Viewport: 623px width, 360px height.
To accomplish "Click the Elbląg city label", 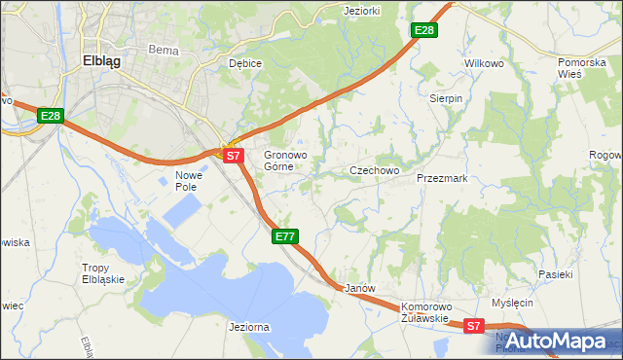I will click(x=101, y=59).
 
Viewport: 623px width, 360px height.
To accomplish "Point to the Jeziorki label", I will click(x=361, y=11).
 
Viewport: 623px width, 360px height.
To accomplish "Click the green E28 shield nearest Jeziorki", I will click(x=424, y=31).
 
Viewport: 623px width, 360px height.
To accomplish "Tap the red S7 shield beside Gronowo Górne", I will click(x=232, y=155).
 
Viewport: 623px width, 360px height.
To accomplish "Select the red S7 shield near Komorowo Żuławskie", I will click(x=473, y=327).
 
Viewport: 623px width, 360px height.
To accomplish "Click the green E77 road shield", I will click(x=284, y=236).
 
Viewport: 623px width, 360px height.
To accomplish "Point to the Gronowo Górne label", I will click(x=286, y=161).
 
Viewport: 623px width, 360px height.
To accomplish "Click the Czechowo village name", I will click(x=375, y=170).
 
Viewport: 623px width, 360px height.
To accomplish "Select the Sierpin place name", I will click(x=447, y=98).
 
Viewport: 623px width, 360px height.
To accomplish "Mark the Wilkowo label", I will click(x=484, y=63).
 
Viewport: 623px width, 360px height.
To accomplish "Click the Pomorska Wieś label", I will click(x=582, y=68).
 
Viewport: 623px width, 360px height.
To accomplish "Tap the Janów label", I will click(x=360, y=289).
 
